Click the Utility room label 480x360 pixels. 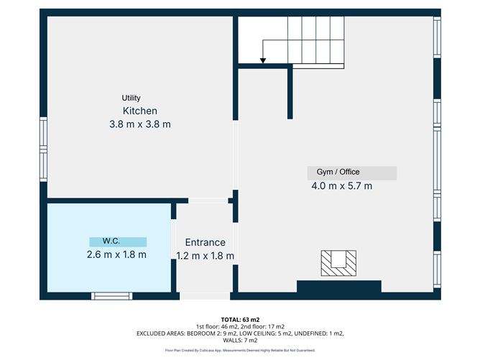[131, 98]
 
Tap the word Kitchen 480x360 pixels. [140, 111]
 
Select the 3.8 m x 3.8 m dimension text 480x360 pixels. [140, 124]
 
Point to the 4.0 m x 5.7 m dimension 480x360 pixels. [342, 186]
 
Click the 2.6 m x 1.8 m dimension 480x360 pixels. [116, 254]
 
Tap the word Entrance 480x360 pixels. [205, 243]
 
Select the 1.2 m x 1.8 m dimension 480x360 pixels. [206, 255]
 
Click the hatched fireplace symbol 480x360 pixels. [338, 263]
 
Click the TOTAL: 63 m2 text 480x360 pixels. [241, 318]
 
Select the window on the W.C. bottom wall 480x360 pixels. [111, 295]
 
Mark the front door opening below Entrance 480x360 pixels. [205, 295]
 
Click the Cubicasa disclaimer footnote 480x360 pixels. [241, 351]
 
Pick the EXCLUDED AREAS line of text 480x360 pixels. [241, 334]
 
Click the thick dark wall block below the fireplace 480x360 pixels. [338, 287]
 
